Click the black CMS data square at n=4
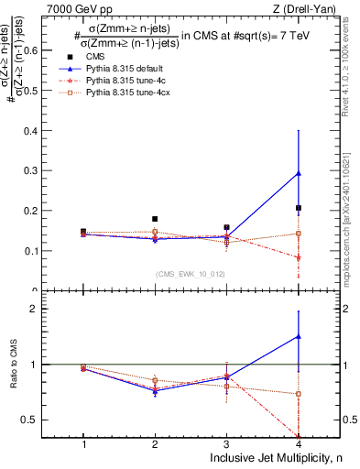tap(299, 208)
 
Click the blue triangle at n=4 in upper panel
tap(299, 173)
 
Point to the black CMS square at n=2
tap(155, 219)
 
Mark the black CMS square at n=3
tap(226, 227)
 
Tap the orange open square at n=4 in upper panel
tap(299, 234)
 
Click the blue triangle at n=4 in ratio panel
tap(299, 336)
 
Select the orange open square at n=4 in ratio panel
tap(299, 394)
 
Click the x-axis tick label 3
tap(226, 444)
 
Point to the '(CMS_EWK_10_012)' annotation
tap(191, 273)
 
